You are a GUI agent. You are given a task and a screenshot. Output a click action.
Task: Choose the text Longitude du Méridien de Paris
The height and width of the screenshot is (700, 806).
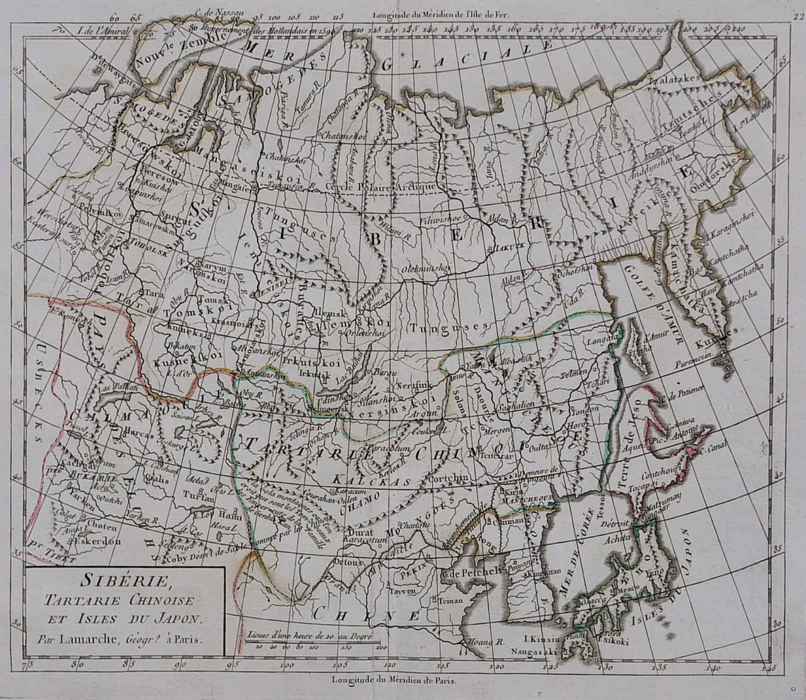tap(395, 679)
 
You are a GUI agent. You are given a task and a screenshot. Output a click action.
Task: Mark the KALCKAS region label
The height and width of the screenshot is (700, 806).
tap(378, 482)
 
